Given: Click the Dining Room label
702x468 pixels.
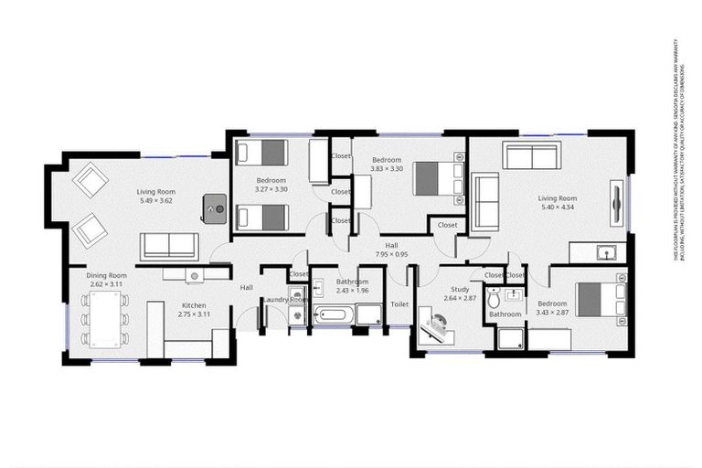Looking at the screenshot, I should [107, 275].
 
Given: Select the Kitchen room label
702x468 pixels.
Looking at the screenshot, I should [193, 305].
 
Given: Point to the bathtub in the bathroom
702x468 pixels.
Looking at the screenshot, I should [334, 316].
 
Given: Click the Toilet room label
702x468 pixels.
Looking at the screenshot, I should [399, 304].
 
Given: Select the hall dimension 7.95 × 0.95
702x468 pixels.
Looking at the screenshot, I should [391, 255].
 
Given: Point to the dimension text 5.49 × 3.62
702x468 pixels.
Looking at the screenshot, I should [156, 200].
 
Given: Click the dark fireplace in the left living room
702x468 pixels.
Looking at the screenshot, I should [217, 209].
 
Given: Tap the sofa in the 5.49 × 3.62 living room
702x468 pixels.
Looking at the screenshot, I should [168, 246].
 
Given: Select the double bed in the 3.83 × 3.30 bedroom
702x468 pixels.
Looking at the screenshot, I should [434, 178].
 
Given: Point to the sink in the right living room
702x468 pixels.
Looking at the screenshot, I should [603, 251].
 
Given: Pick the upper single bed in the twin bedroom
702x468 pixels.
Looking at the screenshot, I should [262, 153].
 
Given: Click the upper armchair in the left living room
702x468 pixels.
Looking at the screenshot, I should [91, 180].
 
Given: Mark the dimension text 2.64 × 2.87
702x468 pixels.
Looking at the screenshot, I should [460, 299].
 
